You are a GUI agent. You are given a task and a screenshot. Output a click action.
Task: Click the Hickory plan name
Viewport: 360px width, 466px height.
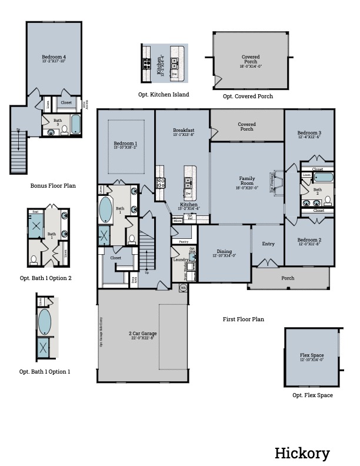(302, 453)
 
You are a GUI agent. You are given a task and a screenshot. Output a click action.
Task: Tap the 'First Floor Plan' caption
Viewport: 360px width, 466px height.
(243, 319)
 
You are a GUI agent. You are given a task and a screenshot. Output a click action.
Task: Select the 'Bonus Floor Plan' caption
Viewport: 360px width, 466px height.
(53, 185)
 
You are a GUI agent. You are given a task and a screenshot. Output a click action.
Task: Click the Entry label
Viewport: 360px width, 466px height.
(268, 244)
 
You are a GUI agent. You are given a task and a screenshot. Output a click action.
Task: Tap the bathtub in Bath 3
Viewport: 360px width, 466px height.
(76, 125)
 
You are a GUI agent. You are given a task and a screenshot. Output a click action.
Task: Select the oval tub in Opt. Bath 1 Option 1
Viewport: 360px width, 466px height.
(45, 322)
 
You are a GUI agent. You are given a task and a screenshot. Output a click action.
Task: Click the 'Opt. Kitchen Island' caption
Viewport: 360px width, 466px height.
(164, 94)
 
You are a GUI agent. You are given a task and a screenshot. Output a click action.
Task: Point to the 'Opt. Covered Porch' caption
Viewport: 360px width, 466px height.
(248, 96)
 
